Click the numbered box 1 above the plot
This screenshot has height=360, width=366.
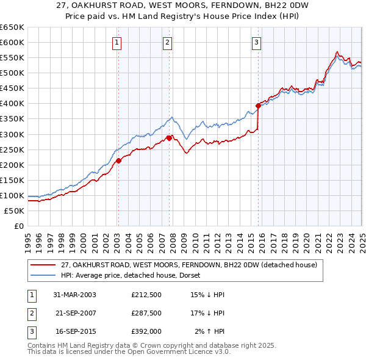click(116, 42)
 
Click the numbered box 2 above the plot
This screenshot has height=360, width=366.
click(167, 42)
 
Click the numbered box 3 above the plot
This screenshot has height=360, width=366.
click(256, 42)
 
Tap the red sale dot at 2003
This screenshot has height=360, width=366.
click(119, 160)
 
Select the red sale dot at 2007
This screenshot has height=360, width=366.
click(169, 138)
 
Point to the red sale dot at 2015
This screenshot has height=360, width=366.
click(258, 106)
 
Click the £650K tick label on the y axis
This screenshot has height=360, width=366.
click(12, 27)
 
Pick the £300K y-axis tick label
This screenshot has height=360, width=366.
click(12, 134)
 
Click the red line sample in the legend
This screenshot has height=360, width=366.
click(43, 265)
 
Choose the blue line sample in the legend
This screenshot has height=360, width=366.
click(43, 275)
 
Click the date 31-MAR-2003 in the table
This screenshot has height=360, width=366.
click(75, 295)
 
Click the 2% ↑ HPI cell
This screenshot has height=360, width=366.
click(210, 331)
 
